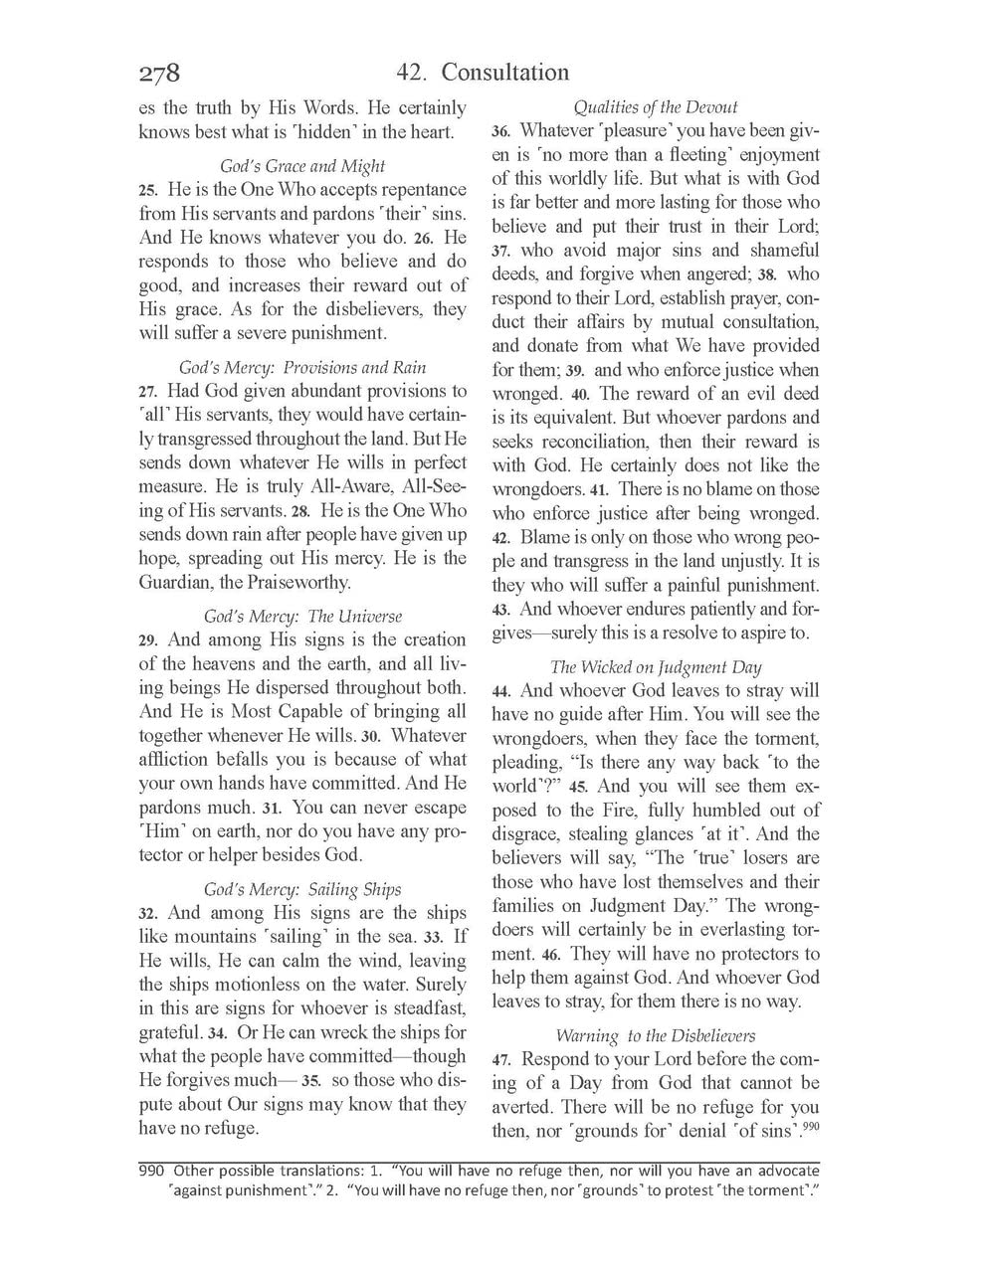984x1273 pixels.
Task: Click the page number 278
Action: [x=159, y=74]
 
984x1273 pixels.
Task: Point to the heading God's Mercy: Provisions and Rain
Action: [x=302, y=368]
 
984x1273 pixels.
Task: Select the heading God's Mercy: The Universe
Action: [x=302, y=617]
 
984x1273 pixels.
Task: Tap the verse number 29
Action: [x=148, y=641]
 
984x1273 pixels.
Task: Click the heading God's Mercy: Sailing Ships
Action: [x=302, y=889]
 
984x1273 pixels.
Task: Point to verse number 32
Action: [x=148, y=914]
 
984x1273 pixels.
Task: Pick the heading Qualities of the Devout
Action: [x=656, y=107]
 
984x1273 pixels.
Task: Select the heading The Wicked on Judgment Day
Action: [x=656, y=667]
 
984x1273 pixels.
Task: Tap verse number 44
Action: [x=501, y=692]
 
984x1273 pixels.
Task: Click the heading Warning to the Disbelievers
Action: [x=656, y=1035]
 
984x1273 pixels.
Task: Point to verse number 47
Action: [x=501, y=1060]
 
